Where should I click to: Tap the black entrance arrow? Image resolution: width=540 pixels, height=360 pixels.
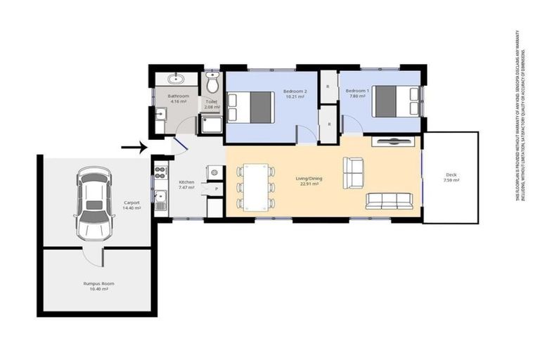click(x=133, y=148)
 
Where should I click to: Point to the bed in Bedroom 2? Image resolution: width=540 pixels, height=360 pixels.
click(x=250, y=107)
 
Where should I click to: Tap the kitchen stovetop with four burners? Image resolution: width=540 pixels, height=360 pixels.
click(x=161, y=169)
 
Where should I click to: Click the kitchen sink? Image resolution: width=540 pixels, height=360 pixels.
click(x=161, y=198)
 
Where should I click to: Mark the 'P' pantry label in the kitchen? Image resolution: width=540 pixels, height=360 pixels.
click(x=216, y=190)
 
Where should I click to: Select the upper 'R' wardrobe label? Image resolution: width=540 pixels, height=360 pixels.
click(x=328, y=86)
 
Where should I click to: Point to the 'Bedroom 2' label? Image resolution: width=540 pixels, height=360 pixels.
click(x=294, y=91)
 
